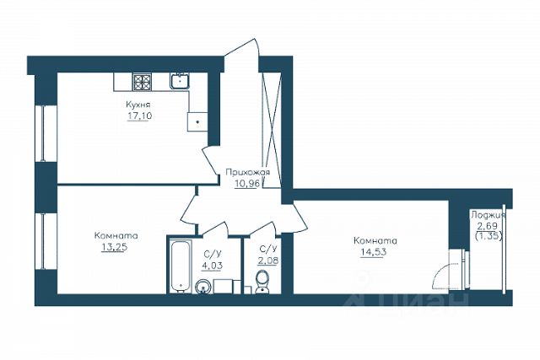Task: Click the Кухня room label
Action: [138, 105]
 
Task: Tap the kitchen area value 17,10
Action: [139, 116]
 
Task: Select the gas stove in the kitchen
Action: [143, 83]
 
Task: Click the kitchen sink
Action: [179, 81]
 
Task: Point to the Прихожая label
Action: [247, 172]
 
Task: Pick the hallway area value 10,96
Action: [247, 184]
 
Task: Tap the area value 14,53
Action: [373, 252]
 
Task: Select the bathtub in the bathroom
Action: [181, 266]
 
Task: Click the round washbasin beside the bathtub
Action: [202, 287]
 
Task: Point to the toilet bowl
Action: [262, 282]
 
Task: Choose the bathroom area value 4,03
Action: [212, 266]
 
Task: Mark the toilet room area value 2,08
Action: [268, 261]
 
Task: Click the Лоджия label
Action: [488, 216]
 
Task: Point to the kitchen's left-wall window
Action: [44, 133]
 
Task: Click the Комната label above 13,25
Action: [116, 236]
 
